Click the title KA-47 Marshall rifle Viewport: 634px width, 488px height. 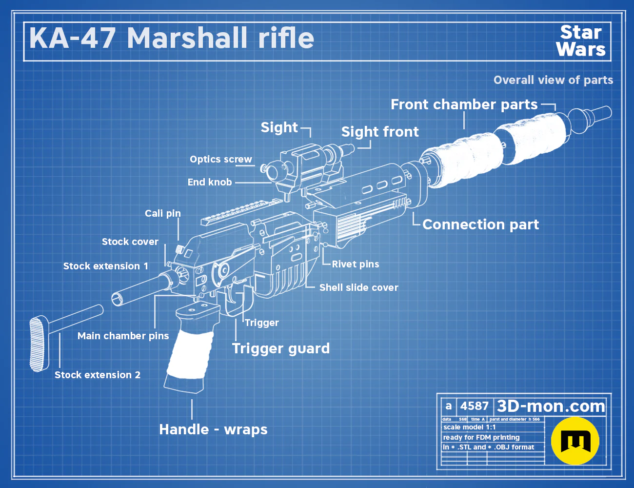click(x=172, y=38)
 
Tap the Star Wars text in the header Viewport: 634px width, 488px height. click(x=581, y=41)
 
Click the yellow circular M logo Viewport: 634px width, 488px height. click(x=575, y=441)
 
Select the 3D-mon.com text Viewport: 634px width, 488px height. click(x=551, y=406)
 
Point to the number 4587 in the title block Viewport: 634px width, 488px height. click(x=474, y=406)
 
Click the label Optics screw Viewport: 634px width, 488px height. click(x=220, y=160)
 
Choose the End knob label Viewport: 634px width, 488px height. click(x=210, y=182)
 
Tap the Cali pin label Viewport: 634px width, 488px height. click(x=163, y=213)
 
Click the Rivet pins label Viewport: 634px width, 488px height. click(x=356, y=264)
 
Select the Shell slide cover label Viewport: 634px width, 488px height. click(x=358, y=287)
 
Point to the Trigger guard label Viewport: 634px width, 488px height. click(x=281, y=349)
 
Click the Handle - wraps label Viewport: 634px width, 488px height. click(x=213, y=429)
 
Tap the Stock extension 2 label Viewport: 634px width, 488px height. click(x=98, y=375)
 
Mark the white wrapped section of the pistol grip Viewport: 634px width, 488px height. click(x=189, y=354)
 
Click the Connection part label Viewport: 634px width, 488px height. click(x=480, y=225)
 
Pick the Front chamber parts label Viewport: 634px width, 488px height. click(x=464, y=105)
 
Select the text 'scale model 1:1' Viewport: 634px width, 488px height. click(x=470, y=427)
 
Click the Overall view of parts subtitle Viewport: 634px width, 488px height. click(x=553, y=80)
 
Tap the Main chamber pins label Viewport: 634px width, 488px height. click(x=123, y=336)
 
